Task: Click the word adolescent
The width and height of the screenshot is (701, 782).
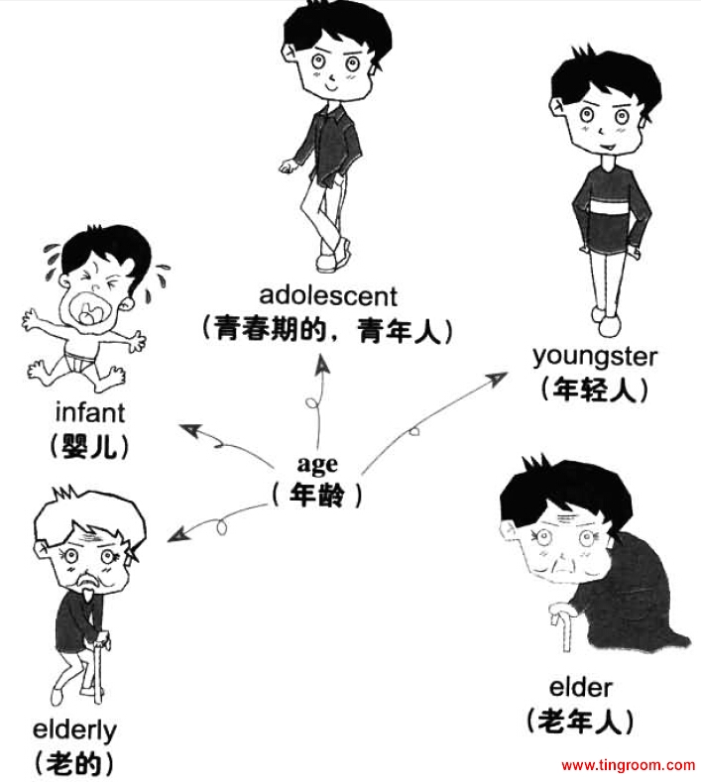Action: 328,295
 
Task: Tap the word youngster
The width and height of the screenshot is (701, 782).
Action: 595,354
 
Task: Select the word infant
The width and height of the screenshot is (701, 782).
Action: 90,410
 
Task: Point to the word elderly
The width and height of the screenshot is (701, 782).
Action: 74,730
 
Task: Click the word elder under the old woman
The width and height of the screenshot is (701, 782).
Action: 580,686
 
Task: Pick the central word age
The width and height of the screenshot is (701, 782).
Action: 317,464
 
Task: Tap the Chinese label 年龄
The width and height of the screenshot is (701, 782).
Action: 317,495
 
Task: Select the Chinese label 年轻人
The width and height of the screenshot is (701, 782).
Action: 595,389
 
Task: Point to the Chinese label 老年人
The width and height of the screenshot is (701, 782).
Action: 580,722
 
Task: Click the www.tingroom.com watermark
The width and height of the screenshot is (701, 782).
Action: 628,765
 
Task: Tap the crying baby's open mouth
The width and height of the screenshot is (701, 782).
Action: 92,312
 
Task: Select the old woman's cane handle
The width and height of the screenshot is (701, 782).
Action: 555,624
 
